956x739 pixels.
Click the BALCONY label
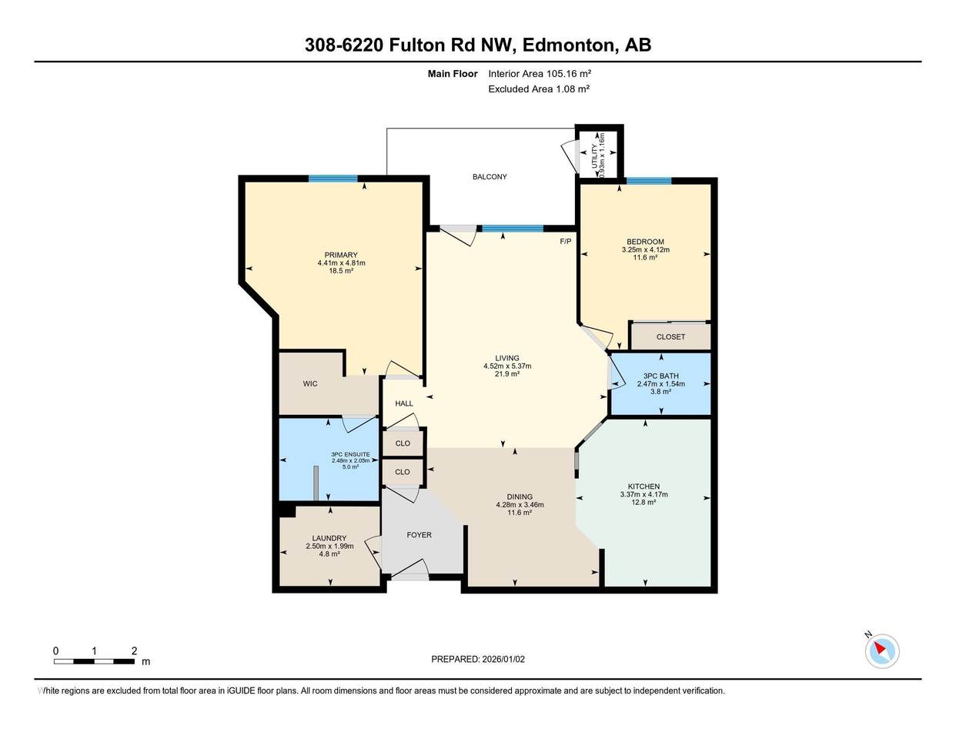(x=490, y=177)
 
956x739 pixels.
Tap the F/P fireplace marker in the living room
(x=565, y=242)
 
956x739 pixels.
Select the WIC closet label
(x=310, y=383)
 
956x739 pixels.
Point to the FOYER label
(x=419, y=535)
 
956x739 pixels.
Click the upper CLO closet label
(x=403, y=443)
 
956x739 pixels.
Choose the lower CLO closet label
(x=403, y=472)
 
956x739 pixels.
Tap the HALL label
(x=404, y=403)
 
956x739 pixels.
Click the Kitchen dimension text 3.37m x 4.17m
(x=644, y=494)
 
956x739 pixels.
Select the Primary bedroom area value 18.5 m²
(x=341, y=271)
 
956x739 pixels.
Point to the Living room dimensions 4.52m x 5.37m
(x=507, y=366)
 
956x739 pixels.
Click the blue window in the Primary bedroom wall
(x=333, y=178)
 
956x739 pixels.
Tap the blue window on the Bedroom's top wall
(x=649, y=181)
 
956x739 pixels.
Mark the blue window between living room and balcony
(x=513, y=229)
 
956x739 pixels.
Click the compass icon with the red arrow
(x=882, y=651)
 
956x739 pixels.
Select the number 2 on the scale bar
(x=134, y=651)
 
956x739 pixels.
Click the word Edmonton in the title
(x=568, y=45)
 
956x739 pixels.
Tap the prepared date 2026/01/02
(x=503, y=660)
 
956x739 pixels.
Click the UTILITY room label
(x=594, y=155)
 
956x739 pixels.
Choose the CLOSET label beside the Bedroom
(x=670, y=337)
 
